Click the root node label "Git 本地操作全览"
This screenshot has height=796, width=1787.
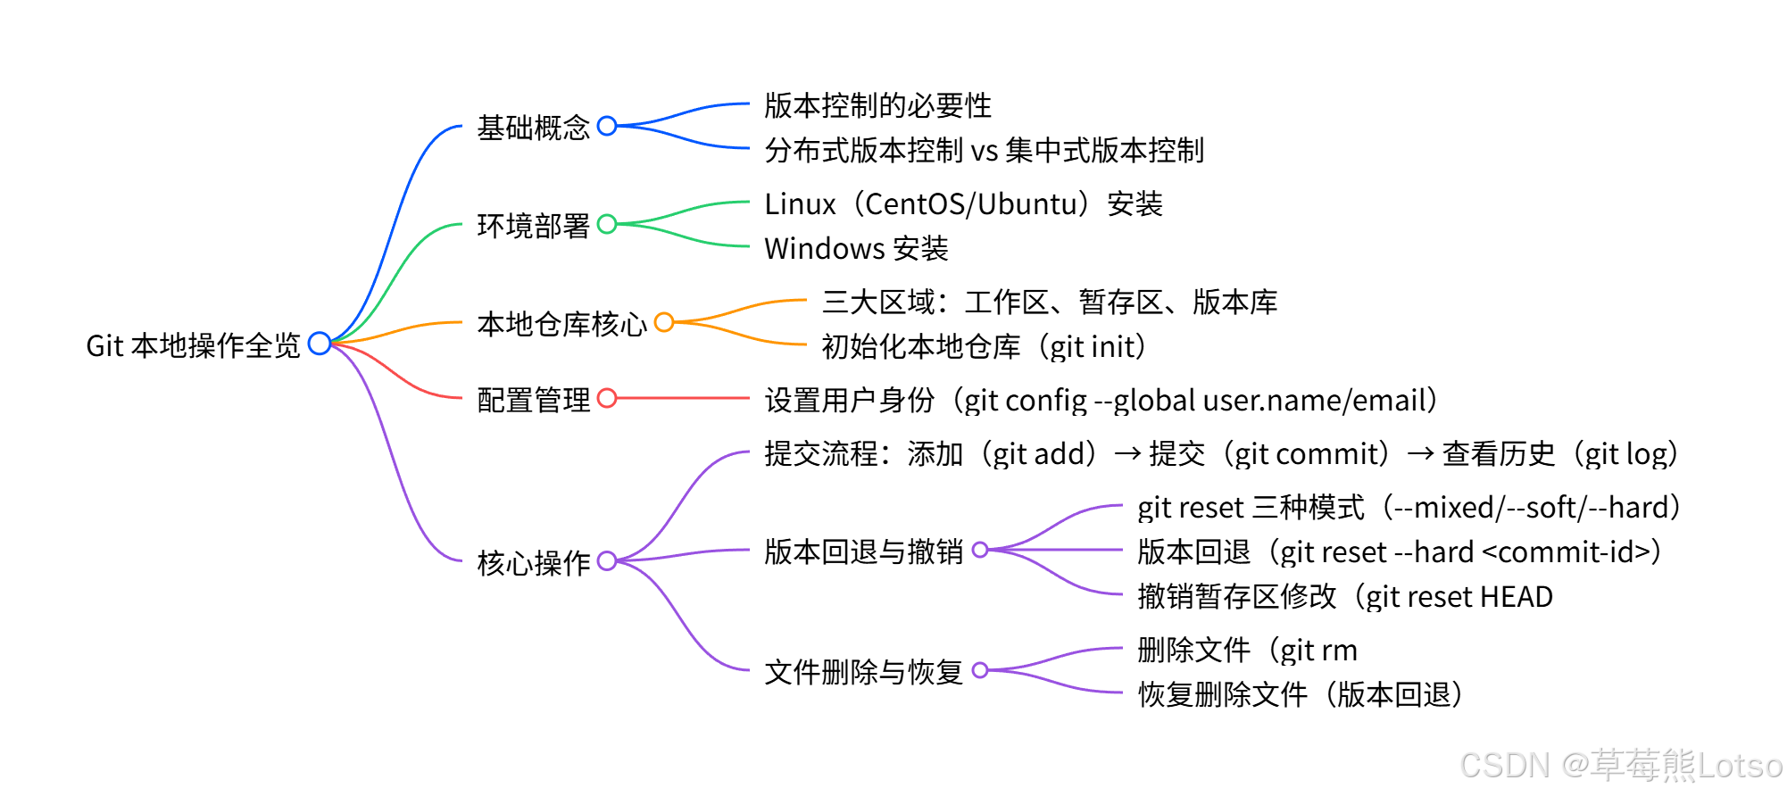click(193, 345)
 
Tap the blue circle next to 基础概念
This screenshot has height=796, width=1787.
click(607, 126)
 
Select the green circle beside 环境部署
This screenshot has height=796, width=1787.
click(607, 224)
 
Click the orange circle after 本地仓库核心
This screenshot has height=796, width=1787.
click(664, 322)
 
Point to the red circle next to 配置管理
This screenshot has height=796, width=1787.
click(607, 398)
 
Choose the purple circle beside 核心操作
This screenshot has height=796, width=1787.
click(607, 561)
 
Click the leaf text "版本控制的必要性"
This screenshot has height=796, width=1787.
click(877, 105)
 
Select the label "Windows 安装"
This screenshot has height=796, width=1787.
click(856, 248)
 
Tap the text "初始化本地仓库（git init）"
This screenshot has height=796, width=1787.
click(984, 346)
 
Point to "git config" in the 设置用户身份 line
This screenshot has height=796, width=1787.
click(1026, 401)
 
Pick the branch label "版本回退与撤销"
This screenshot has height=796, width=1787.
click(863, 551)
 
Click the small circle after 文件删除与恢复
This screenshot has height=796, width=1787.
click(980, 670)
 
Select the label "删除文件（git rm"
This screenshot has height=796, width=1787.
click(1247, 650)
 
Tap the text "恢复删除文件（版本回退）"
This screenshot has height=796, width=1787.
click(1301, 694)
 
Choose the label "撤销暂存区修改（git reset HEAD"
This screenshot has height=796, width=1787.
click(1345, 596)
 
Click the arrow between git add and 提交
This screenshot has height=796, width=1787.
click(1127, 453)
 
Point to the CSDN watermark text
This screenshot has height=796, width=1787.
click(1620, 766)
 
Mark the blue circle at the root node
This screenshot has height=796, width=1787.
click(320, 344)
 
